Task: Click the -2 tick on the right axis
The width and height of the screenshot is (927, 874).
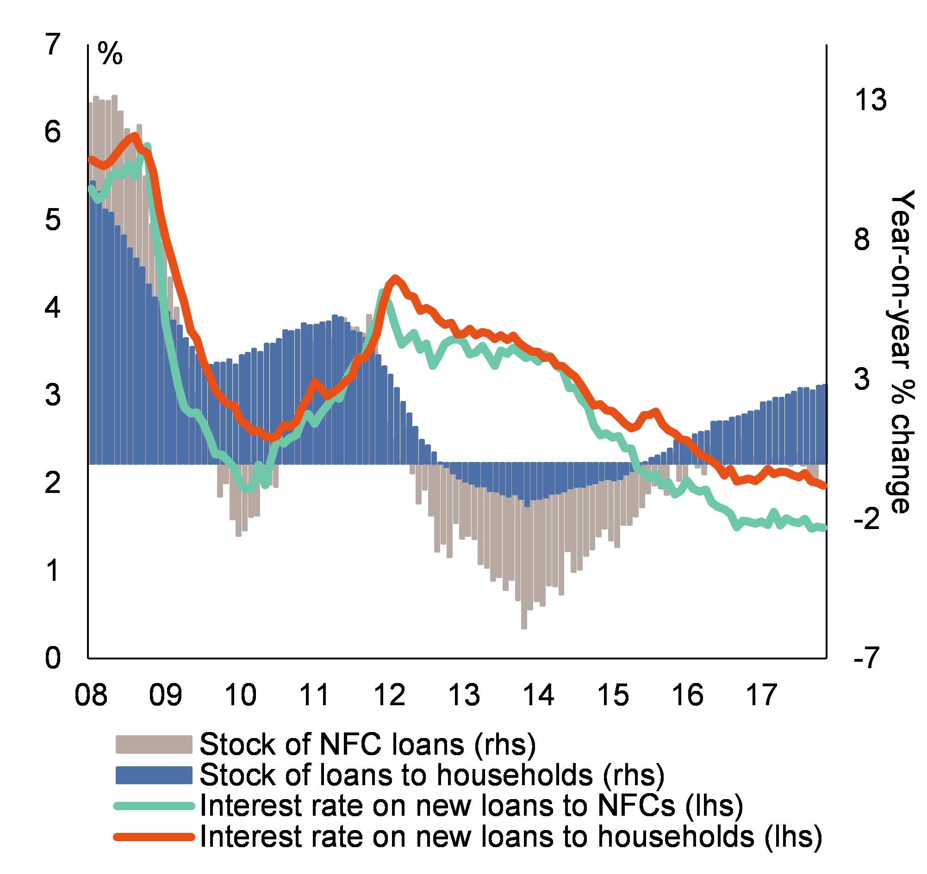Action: (x=866, y=520)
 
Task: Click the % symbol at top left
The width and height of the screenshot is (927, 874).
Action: (x=111, y=55)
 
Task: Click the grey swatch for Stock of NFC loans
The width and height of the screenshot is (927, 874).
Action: (x=153, y=745)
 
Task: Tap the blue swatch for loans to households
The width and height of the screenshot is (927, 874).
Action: (x=153, y=775)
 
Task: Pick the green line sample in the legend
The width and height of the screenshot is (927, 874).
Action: (x=153, y=806)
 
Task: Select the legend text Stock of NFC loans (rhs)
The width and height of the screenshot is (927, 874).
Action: (x=368, y=745)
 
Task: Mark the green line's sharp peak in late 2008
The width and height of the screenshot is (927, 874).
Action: (x=147, y=146)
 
